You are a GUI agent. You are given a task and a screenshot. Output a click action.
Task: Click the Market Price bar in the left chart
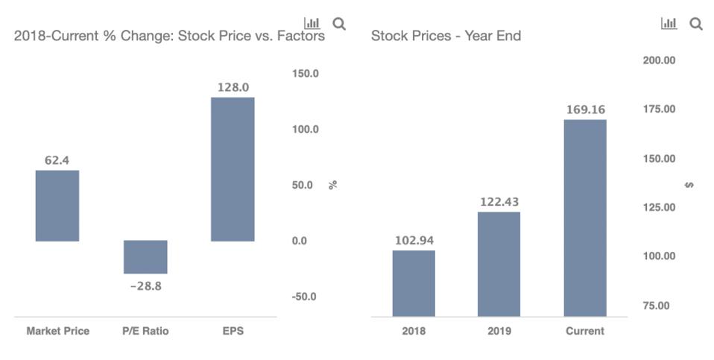click(x=57, y=206)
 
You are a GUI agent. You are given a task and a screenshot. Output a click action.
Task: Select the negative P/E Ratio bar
click(x=145, y=257)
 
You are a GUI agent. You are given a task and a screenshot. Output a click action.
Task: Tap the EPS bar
click(x=233, y=169)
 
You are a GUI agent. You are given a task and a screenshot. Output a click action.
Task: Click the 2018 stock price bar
click(x=414, y=283)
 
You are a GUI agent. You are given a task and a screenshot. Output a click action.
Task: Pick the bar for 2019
click(x=499, y=265)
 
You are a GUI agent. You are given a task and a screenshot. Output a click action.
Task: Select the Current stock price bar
click(x=585, y=218)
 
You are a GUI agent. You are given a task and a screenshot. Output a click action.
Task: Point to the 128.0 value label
click(x=233, y=87)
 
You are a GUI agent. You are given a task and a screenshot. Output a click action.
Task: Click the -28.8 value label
click(x=145, y=285)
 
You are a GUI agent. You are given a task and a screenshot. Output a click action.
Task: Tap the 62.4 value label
click(x=57, y=160)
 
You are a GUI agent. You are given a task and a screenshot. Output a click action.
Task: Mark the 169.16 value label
click(x=585, y=110)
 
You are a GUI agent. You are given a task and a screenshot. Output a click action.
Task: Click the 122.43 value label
click(x=499, y=202)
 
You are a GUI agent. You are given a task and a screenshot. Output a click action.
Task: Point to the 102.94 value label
click(x=414, y=240)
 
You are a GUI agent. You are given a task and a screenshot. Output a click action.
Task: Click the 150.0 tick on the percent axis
click(x=305, y=74)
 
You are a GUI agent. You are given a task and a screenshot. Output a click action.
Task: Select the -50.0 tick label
click(x=304, y=297)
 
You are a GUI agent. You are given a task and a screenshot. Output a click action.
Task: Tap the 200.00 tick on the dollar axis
click(x=659, y=60)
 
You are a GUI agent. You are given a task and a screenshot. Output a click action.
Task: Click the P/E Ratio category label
click(x=145, y=331)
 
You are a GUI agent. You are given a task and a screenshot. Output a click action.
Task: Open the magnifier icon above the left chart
click(x=339, y=24)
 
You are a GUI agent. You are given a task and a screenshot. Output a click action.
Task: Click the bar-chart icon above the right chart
click(x=669, y=24)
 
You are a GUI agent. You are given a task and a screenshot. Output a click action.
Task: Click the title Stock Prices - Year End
click(x=446, y=36)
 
